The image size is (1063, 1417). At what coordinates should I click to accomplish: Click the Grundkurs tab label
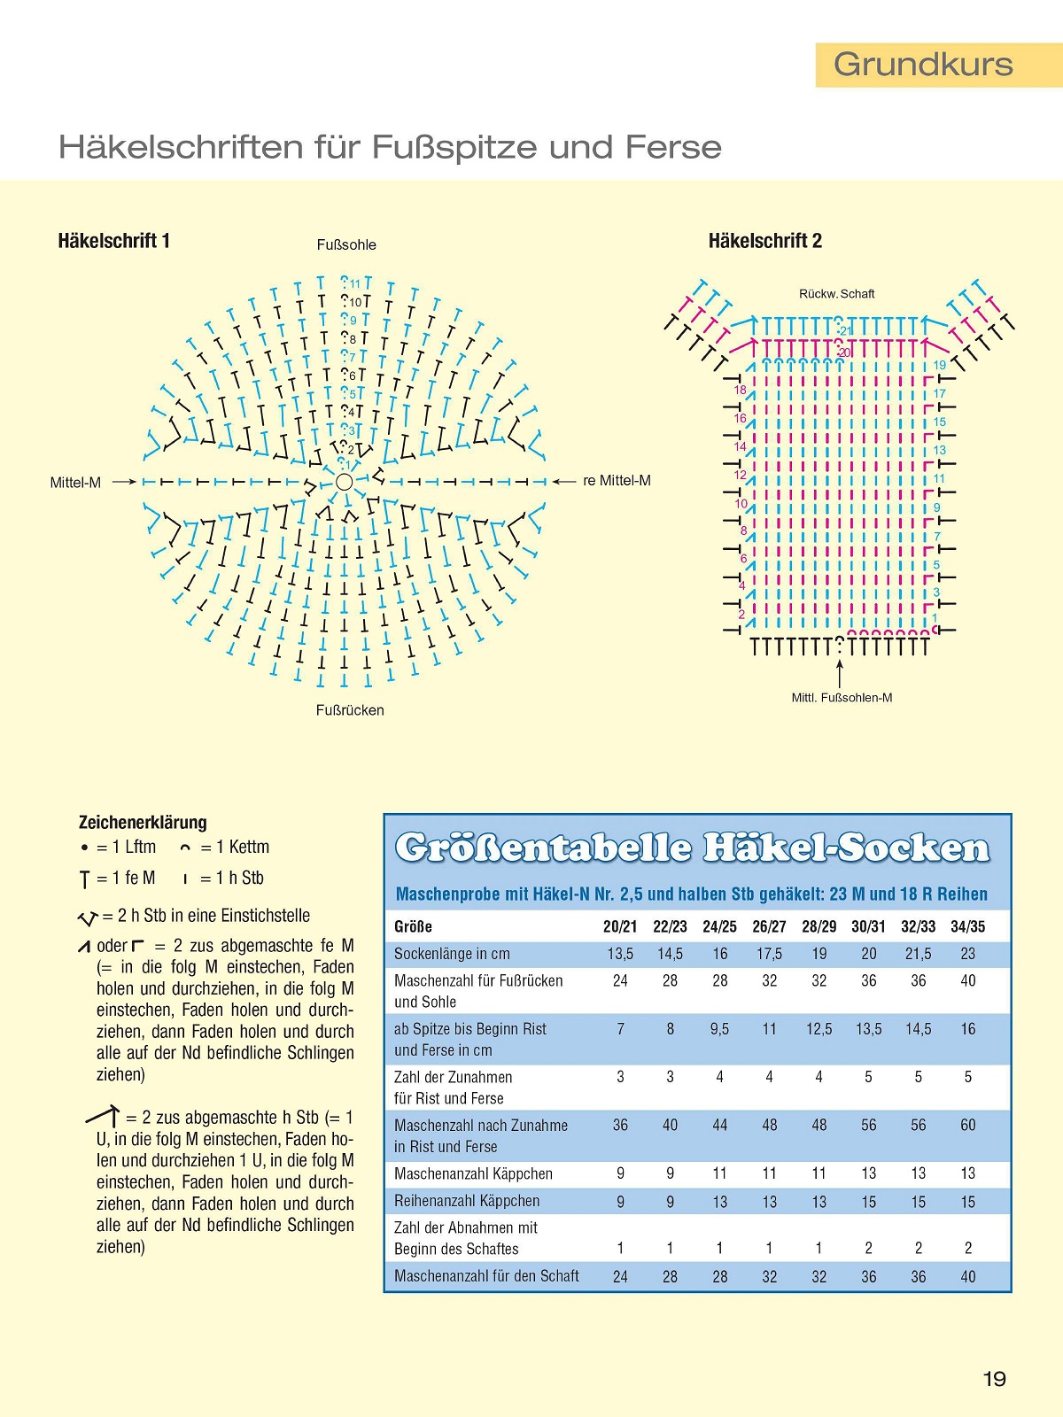(x=923, y=65)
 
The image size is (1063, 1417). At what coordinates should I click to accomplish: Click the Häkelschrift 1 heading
(x=113, y=241)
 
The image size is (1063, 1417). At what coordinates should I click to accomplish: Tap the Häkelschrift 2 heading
(x=764, y=241)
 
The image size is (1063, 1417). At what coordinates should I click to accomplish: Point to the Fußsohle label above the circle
(x=346, y=245)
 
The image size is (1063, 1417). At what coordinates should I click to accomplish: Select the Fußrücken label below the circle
(x=350, y=710)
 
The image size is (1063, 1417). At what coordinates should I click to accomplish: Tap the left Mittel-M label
(x=75, y=483)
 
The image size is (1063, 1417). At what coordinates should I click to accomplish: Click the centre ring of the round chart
(x=345, y=482)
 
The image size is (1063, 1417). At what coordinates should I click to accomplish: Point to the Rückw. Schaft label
(x=836, y=294)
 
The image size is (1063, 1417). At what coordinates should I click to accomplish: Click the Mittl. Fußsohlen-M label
(x=842, y=698)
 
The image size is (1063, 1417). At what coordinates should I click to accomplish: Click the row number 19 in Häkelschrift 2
(x=940, y=365)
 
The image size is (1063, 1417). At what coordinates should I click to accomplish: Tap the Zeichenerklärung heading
(x=143, y=822)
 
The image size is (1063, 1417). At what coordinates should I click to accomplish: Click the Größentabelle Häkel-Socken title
(x=692, y=848)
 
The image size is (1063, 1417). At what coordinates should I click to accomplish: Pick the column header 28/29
(x=819, y=926)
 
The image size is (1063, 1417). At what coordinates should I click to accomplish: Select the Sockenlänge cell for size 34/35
(x=967, y=954)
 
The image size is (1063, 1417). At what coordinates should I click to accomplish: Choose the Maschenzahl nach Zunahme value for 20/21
(x=620, y=1125)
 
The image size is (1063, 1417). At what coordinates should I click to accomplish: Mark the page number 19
(x=994, y=1379)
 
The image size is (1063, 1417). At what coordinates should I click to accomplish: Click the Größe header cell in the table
(x=413, y=926)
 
